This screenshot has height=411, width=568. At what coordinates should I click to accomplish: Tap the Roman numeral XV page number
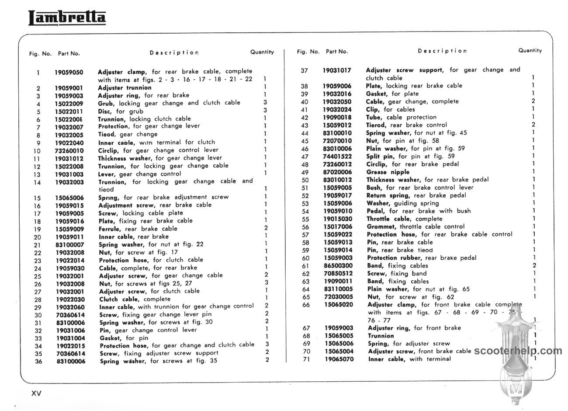coord(36,393)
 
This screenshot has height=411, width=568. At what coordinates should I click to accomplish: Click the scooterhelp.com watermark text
coord(518,351)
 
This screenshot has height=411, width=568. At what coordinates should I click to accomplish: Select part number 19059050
coord(69,72)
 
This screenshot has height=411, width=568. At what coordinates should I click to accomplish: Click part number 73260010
coord(69,150)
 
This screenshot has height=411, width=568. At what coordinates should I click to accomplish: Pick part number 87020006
coord(337,172)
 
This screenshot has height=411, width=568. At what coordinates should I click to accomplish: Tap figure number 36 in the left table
coord(38,361)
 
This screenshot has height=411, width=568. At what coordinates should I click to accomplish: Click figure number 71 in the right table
coord(306,359)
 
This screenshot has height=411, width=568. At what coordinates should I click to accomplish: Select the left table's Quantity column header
coord(262,52)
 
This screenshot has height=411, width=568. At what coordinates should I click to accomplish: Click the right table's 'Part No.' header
coord(337,52)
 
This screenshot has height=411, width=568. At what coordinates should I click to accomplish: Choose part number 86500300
coord(338,265)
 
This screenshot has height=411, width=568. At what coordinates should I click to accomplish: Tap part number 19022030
coord(70,300)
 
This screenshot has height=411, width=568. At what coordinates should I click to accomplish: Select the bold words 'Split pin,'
coord(381,156)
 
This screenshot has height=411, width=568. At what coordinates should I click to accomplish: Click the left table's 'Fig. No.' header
coord(40,54)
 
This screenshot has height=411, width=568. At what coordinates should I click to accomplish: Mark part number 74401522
coord(337,156)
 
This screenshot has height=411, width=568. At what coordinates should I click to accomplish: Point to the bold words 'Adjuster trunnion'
coord(125,87)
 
